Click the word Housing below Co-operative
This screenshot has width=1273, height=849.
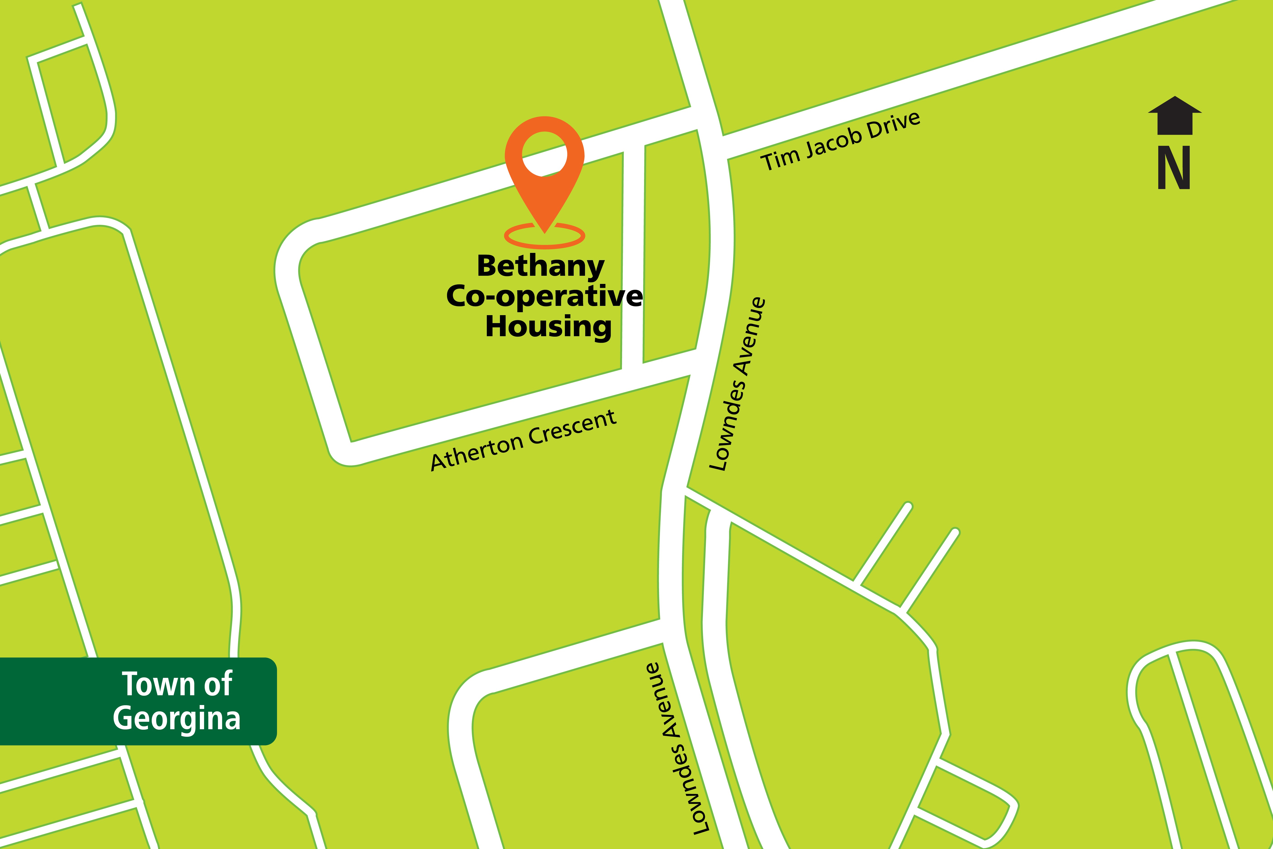[x=548, y=326]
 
